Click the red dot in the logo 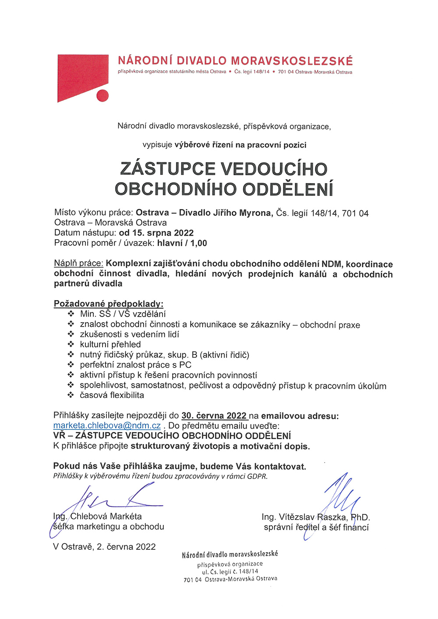pos(102,96)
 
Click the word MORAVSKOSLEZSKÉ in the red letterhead pos(292,61)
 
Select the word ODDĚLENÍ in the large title pos(288,189)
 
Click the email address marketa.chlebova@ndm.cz pos(107,426)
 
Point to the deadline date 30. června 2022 pos(214,416)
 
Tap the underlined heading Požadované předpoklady pos(108,304)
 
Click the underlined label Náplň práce pos(78,264)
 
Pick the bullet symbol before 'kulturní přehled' pos(71,344)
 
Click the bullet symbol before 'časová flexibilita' pos(71,395)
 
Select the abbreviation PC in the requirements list pos(185,365)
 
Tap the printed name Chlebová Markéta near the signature pos(106,516)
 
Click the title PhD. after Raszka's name pos(360,517)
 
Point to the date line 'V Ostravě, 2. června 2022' pos(104,547)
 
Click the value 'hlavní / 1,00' pos(182,243)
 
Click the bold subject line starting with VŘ pos(172,436)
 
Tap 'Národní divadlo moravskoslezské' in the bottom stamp pos(230,555)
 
